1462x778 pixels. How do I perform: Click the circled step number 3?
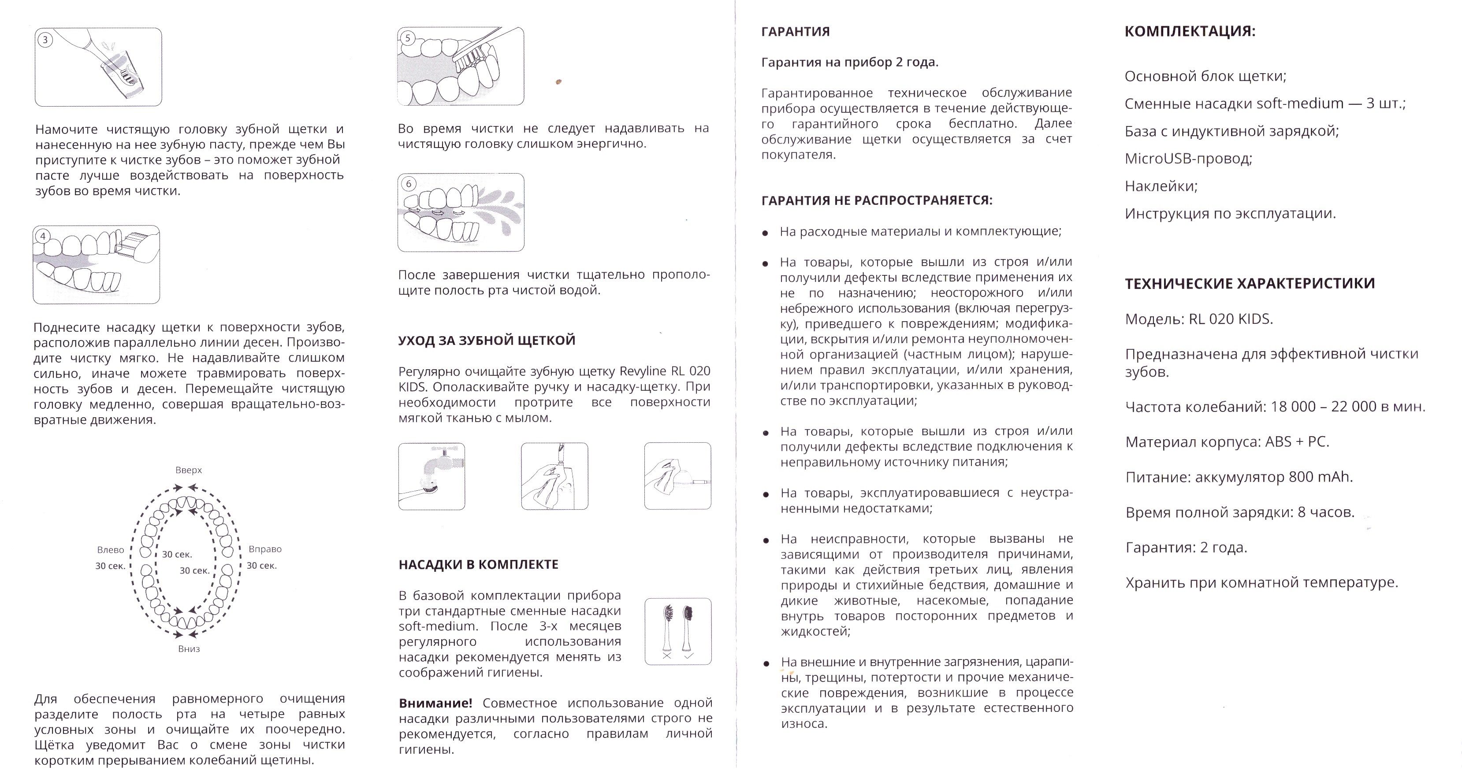[45, 40]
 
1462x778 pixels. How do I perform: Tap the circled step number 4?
[43, 237]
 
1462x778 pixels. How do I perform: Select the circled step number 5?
[408, 38]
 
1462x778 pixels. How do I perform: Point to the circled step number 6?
[408, 184]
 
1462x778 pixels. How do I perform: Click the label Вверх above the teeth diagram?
[189, 471]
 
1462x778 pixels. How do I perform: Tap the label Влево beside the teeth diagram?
[110, 550]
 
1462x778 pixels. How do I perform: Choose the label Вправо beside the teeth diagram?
[265, 549]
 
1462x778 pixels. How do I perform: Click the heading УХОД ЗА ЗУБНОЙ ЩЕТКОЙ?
[487, 341]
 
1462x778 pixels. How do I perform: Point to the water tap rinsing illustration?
[432, 476]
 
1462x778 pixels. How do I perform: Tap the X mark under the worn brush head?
[667, 656]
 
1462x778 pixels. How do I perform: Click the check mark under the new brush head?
[689, 656]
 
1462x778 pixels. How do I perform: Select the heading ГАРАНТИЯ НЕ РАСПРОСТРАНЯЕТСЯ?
[877, 200]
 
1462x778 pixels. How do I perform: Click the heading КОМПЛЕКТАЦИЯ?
[1190, 31]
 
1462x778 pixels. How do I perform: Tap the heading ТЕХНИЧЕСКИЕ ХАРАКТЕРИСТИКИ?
[1250, 284]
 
